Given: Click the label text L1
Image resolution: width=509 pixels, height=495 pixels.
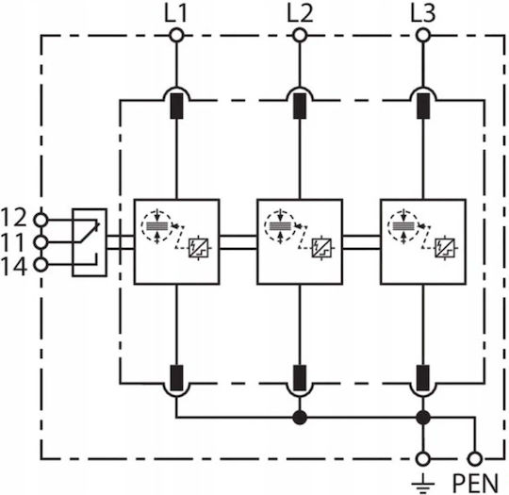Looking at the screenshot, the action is pos(176,13).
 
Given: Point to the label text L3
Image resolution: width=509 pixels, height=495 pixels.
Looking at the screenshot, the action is pos(422,13).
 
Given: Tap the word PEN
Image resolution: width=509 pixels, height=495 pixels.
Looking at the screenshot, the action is pos(475,484).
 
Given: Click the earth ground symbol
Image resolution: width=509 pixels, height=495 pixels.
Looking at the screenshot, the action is pos(423,484).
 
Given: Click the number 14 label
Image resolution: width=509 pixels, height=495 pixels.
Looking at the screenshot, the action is pos(13,267).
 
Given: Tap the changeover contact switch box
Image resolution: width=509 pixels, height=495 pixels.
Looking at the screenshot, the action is pos(90,242).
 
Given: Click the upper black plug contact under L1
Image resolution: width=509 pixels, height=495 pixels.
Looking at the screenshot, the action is pos(176,106).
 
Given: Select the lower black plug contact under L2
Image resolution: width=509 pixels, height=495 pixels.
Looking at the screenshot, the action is pos(300,378).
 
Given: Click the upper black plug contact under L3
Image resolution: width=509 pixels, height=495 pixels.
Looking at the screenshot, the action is pos(423,106).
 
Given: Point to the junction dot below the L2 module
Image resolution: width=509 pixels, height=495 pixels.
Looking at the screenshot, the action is pos(300,418).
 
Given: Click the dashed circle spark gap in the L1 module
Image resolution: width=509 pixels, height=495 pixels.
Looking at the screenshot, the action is pos(156,226).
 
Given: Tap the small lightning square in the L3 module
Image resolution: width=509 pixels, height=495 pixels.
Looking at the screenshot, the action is pos(445,248).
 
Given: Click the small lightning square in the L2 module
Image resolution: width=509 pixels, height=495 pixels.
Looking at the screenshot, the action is pos(321,248).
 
